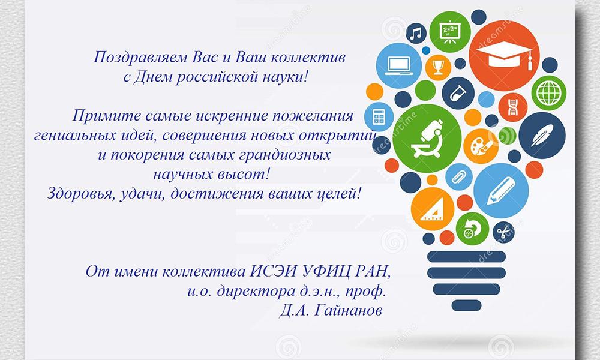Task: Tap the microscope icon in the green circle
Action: tap(427, 138)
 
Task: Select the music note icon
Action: tap(416, 34)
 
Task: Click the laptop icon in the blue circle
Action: tap(399, 65)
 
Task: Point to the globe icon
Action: tap(549, 93)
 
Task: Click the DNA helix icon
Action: tap(513, 107)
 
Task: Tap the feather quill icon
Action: tap(542, 135)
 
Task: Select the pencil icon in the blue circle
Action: tap(501, 191)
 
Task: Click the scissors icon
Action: tap(503, 232)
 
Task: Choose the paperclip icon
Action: tap(458, 177)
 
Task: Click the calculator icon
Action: tap(379, 116)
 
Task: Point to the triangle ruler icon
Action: tap(432, 209)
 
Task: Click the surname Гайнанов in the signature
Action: tap(347, 310)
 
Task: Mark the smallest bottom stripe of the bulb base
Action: tap(466, 305)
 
